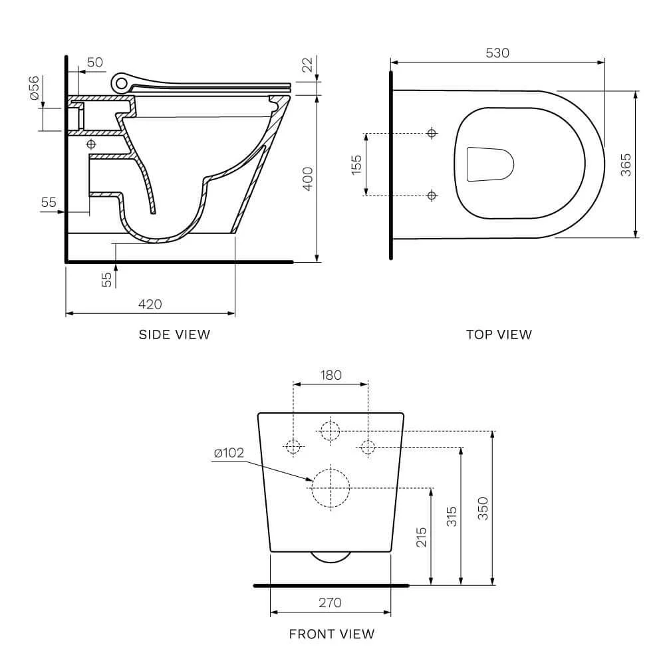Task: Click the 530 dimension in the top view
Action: tap(497, 53)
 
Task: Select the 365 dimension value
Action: tap(626, 164)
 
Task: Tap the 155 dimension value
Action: tap(356, 164)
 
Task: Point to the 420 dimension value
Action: tap(150, 304)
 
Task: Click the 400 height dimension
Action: tap(307, 178)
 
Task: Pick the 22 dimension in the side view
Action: tap(307, 65)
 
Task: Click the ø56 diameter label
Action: tap(35, 87)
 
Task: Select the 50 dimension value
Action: tap(95, 63)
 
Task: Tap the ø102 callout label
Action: tap(229, 453)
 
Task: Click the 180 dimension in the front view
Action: tap(331, 375)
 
